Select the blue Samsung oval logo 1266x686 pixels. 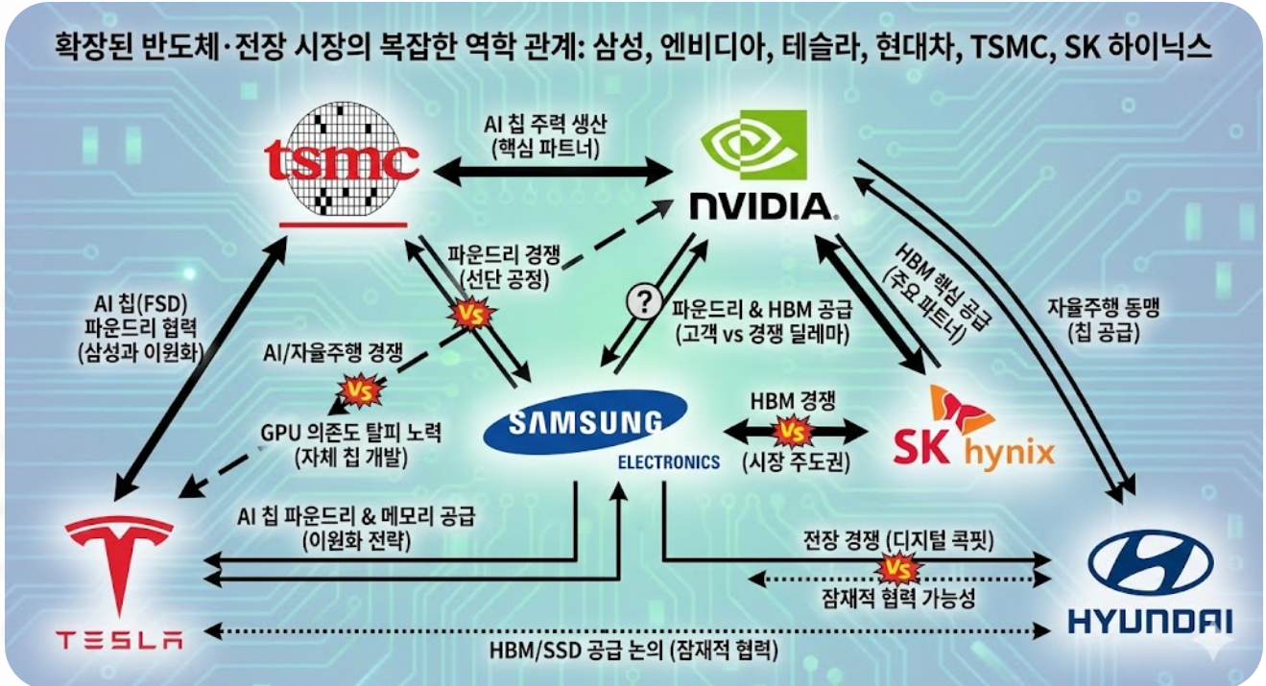coord(585,423)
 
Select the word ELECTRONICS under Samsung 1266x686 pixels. coord(668,462)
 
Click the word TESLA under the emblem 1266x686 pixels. coord(118,639)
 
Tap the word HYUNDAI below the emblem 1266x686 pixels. coord(1149,622)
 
